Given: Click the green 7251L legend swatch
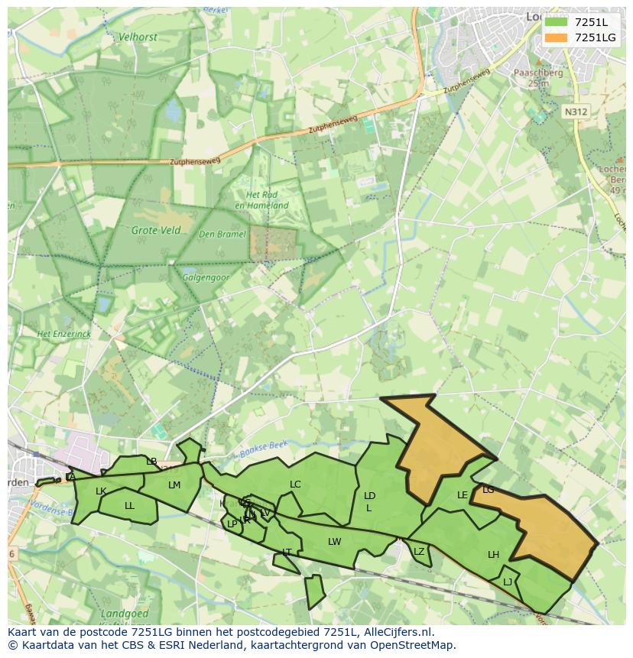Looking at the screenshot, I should [x=556, y=22].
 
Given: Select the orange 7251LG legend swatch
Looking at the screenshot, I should [x=556, y=37].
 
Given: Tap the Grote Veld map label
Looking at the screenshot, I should [x=156, y=230].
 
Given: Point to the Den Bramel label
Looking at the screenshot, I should [x=222, y=235].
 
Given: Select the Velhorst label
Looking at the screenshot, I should [x=137, y=36].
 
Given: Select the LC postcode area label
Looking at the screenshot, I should [x=295, y=485].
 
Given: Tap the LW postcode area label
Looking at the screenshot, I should [x=334, y=542].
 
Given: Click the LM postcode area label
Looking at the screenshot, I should [x=174, y=485].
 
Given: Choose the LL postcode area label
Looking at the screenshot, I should [x=129, y=506].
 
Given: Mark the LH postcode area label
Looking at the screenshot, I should [x=493, y=555].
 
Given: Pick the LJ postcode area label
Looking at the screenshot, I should [x=508, y=582].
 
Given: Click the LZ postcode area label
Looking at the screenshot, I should [x=418, y=552].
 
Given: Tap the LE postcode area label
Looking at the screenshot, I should [x=462, y=495].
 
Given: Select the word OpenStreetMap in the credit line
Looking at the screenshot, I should [x=414, y=645].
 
